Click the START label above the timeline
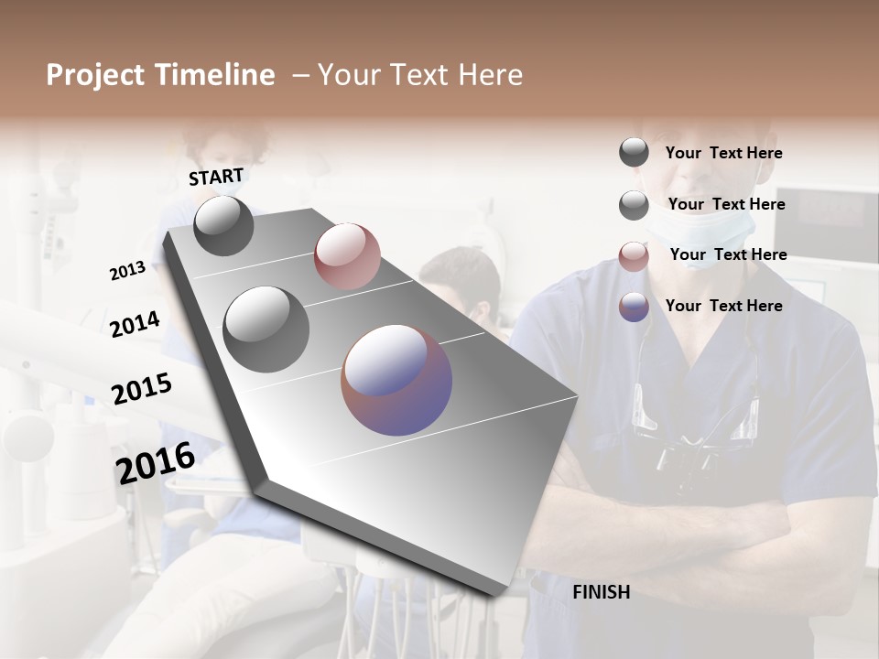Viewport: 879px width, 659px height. tap(216, 177)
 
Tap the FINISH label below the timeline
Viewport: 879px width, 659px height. tap(601, 592)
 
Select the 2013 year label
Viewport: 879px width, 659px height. tap(127, 271)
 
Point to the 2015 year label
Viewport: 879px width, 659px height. tap(141, 389)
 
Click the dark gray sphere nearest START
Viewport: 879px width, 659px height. tap(223, 225)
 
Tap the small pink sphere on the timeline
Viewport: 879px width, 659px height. tap(347, 255)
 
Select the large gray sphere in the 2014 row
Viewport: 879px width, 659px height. tap(266, 329)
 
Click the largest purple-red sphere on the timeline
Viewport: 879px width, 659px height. tap(396, 380)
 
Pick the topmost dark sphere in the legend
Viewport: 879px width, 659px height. tap(634, 153)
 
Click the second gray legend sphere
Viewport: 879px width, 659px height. tap(634, 205)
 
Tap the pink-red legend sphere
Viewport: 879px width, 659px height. tap(634, 256)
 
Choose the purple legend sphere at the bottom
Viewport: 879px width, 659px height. tap(634, 307)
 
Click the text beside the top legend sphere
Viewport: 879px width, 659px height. tap(723, 154)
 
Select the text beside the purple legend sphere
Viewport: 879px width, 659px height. tap(723, 306)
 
